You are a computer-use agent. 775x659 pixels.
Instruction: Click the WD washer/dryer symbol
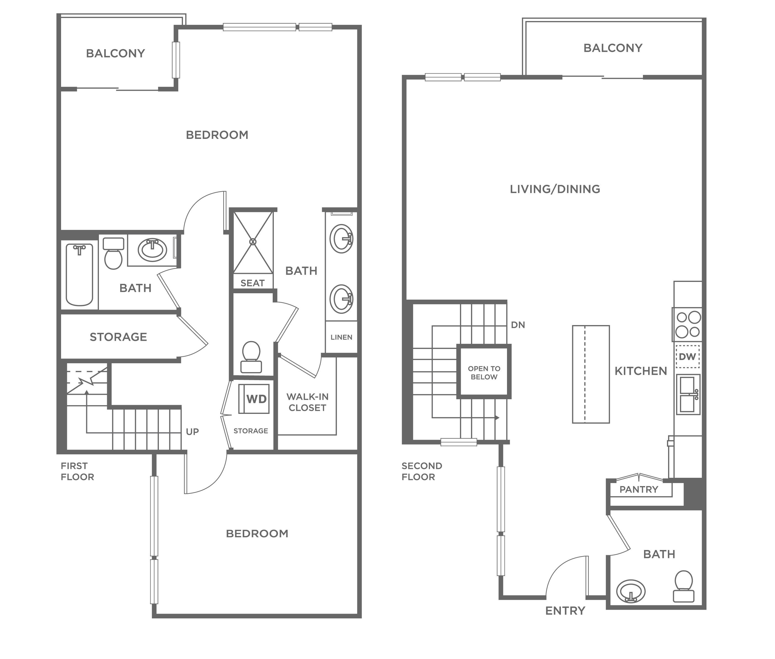[x=254, y=399]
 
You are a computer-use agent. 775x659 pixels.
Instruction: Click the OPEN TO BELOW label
[x=484, y=372]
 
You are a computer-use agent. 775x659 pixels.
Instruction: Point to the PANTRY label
[x=639, y=489]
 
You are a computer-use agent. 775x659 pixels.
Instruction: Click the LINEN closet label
[x=341, y=337]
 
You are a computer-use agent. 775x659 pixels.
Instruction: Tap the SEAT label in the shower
[x=253, y=283]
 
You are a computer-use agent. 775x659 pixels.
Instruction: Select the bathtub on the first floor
[x=79, y=274]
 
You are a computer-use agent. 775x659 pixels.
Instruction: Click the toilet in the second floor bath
[x=684, y=587]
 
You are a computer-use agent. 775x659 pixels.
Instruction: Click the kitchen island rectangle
[x=591, y=374]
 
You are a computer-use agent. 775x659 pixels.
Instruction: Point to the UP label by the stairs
[x=192, y=432]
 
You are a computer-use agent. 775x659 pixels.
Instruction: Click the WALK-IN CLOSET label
[x=308, y=402]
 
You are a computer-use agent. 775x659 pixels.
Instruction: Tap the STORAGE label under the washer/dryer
[x=251, y=431]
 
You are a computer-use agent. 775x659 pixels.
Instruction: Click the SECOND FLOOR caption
[x=422, y=471]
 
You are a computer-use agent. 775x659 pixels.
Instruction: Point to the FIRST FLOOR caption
[x=77, y=471]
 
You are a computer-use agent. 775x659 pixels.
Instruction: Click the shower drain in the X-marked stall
[x=253, y=242]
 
